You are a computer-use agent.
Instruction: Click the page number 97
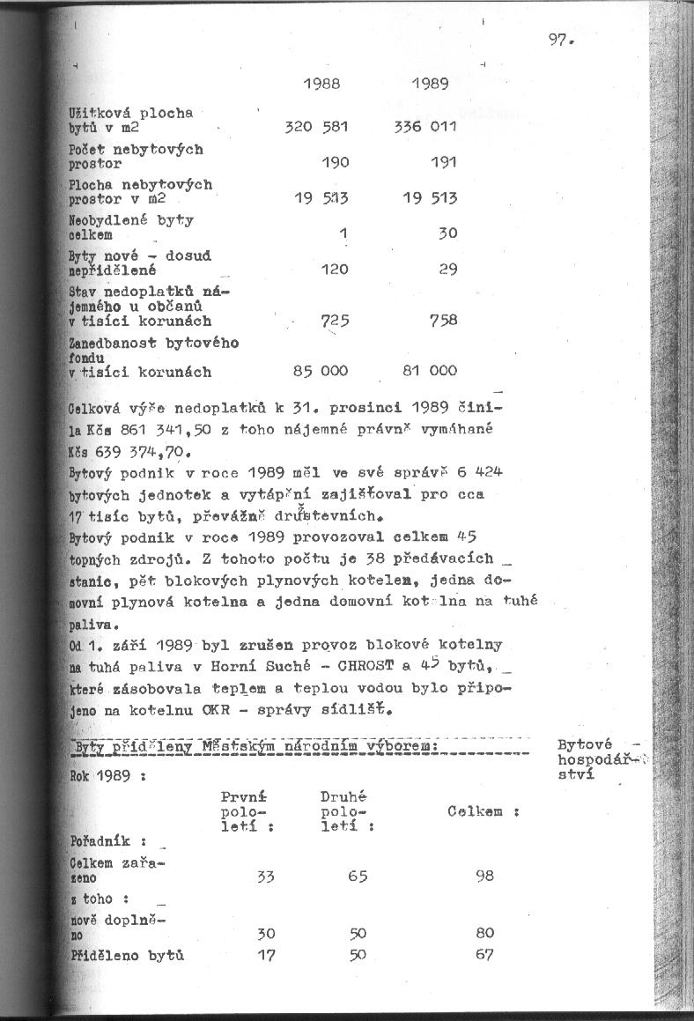pyautogui.click(x=559, y=40)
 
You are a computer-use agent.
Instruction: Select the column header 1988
pyautogui.click(x=321, y=85)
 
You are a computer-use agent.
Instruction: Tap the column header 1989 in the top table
pyautogui.click(x=431, y=85)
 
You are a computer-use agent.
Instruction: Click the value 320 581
pyautogui.click(x=317, y=127)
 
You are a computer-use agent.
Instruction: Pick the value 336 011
pyautogui.click(x=426, y=127)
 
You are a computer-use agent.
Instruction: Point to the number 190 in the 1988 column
pyautogui.click(x=335, y=163)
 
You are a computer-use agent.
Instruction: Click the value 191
pyautogui.click(x=444, y=163)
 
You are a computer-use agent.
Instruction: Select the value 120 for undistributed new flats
pyautogui.click(x=335, y=269)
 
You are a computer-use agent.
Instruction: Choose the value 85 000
pyautogui.click(x=321, y=371)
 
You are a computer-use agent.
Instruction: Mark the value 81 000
pyautogui.click(x=430, y=371)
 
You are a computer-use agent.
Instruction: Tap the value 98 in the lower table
pyautogui.click(x=484, y=876)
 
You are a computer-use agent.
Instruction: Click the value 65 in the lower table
pyautogui.click(x=358, y=876)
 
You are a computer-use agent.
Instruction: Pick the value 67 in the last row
pyautogui.click(x=484, y=954)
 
